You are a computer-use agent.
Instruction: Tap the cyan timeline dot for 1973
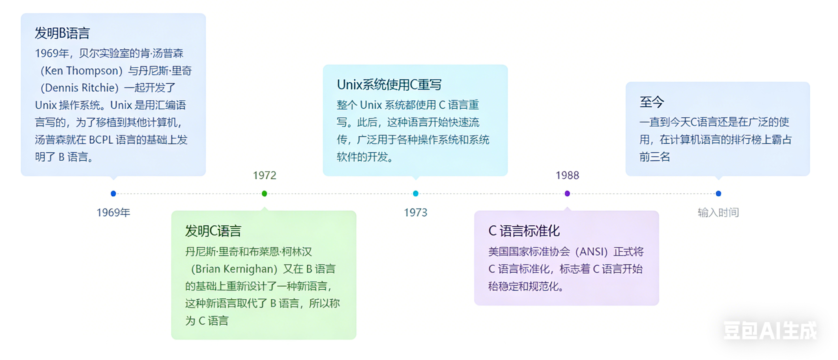(416, 193)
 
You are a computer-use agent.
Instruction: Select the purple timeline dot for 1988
(567, 193)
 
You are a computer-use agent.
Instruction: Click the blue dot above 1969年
(113, 193)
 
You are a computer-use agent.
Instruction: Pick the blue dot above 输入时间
(719, 193)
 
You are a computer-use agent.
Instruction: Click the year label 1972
(265, 175)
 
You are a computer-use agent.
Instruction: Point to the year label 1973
(415, 212)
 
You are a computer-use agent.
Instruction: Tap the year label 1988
(567, 175)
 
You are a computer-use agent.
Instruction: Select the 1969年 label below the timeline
(113, 212)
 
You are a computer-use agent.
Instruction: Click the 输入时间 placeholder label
(718, 212)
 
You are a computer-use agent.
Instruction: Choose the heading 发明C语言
(213, 231)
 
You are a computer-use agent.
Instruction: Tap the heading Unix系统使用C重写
(389, 85)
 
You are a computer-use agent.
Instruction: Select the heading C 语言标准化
(524, 231)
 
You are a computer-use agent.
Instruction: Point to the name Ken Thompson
(81, 71)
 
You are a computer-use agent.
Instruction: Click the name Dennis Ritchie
(80, 88)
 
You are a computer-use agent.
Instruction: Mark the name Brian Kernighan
(234, 269)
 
